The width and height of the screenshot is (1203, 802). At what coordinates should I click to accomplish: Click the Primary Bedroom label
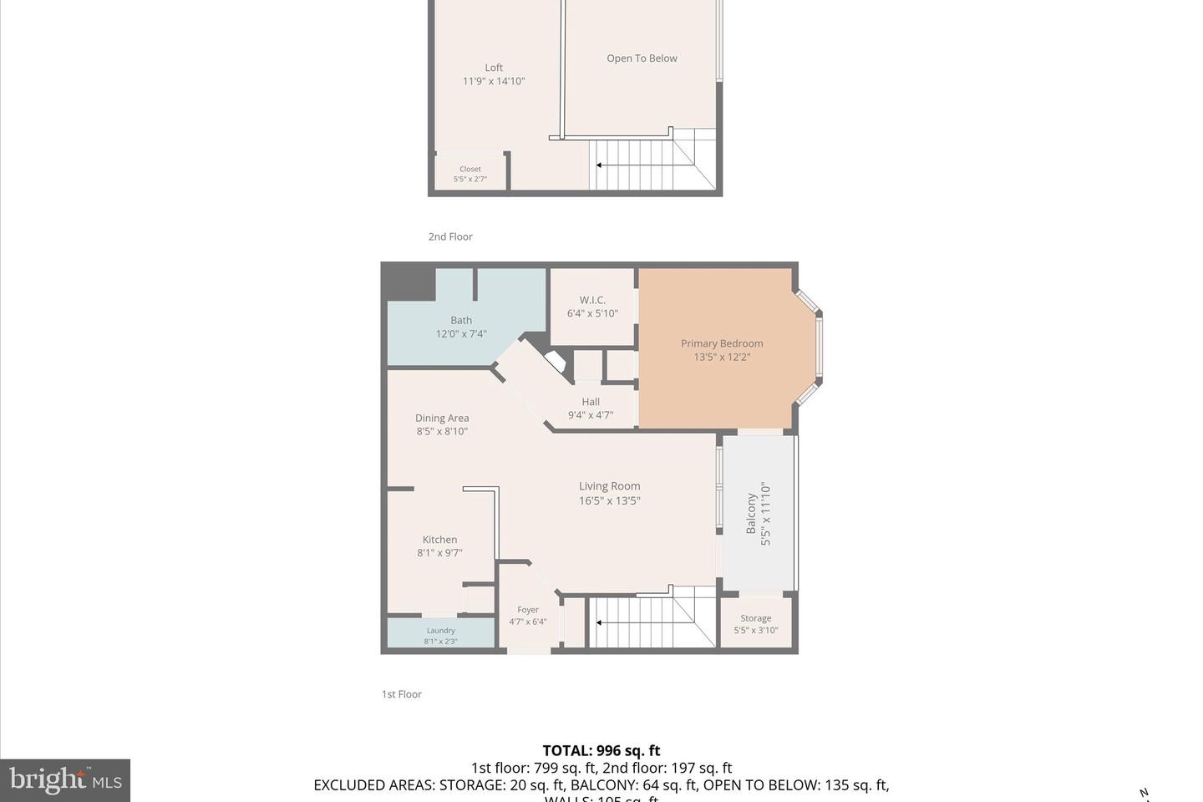tap(721, 343)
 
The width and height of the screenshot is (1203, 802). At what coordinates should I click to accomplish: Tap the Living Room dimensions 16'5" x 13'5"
tap(609, 501)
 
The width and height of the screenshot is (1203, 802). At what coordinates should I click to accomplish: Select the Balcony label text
tap(751, 514)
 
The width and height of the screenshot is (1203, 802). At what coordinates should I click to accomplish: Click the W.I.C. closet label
tap(592, 300)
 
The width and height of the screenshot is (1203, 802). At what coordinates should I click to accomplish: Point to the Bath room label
tap(461, 320)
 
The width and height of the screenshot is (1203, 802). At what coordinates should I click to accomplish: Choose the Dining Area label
tap(442, 419)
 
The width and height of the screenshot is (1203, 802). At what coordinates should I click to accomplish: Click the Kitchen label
tap(439, 540)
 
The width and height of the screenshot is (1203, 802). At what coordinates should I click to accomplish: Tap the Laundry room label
tap(440, 631)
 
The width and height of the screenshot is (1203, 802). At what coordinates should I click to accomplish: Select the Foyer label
tap(528, 610)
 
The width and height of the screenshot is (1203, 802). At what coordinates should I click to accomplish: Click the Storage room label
tap(755, 619)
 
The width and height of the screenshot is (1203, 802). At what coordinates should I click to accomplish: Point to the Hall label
tap(591, 402)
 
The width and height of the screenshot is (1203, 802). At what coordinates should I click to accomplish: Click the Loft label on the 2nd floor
tap(494, 68)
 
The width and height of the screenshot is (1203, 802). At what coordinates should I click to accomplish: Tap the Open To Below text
tap(642, 58)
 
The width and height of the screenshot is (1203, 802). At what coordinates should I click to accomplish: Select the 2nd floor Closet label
tap(470, 170)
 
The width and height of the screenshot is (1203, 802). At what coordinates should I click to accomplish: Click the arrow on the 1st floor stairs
tap(599, 622)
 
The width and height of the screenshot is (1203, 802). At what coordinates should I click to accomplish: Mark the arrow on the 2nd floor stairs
tap(599, 165)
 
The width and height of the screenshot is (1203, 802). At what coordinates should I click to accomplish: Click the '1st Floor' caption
tap(402, 694)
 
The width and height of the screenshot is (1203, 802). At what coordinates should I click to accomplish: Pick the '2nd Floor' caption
tap(450, 237)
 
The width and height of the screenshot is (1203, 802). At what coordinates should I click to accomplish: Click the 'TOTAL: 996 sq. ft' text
tap(601, 750)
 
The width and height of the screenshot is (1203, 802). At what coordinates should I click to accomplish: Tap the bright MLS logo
tap(65, 780)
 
